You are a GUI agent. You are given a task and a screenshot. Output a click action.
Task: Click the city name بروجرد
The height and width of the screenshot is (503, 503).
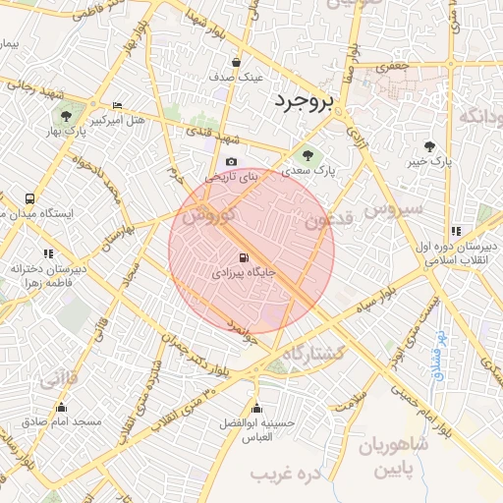coord(305,100)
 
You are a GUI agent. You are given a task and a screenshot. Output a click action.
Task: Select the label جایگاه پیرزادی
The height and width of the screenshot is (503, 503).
coord(246,276)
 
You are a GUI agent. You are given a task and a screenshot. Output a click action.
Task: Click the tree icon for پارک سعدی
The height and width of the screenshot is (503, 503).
coord(308,154)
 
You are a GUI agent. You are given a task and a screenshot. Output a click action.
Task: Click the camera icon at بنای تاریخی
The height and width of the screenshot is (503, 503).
coord(231,162)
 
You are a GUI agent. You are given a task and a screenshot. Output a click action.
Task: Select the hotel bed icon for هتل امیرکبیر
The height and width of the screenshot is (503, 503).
coord(118,106)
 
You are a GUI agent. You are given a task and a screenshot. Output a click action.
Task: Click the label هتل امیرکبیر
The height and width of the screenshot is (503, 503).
coord(118,121)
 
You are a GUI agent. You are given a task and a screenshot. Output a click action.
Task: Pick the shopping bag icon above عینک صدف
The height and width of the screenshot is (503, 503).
coord(236,61)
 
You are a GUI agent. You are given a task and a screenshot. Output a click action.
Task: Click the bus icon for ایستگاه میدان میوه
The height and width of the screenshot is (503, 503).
coord(30,198)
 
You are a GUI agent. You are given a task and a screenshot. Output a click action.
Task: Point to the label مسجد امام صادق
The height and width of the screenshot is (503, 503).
coord(62,421)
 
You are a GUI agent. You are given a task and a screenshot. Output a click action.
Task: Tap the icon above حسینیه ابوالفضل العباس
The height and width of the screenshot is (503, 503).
coord(256,409)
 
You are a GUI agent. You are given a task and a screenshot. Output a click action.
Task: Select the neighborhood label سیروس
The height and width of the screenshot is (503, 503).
coord(393,209)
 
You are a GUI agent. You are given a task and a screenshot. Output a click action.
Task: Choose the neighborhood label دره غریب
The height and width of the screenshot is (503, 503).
coord(287,475)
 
